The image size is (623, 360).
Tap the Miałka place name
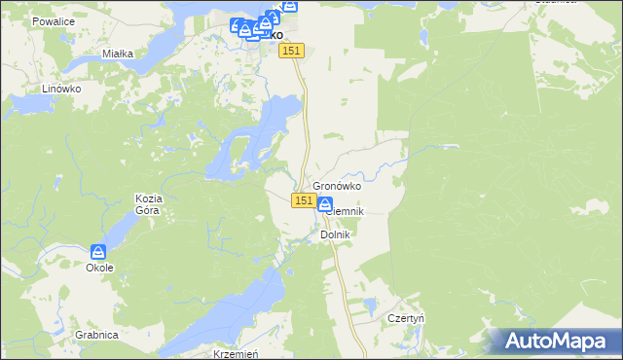point(117,54)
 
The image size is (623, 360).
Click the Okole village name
point(99,268)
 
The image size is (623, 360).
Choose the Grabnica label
point(95,335)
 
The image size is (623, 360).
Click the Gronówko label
point(337,186)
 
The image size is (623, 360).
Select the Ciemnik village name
point(346,211)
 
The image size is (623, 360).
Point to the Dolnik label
point(335,234)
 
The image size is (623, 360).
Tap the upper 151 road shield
point(293,51)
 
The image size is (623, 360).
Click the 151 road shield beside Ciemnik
point(303,200)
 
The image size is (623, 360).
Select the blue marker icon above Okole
point(98,252)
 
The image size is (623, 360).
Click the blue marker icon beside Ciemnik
point(324,204)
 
